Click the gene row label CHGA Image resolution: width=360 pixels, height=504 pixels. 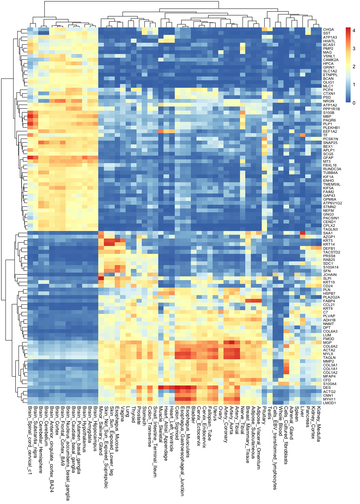(328, 30)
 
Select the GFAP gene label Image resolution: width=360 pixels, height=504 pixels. (328, 158)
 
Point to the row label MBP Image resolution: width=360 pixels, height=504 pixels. (327, 117)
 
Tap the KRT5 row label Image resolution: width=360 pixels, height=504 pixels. (328, 241)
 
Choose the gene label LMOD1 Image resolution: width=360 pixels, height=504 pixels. (329, 403)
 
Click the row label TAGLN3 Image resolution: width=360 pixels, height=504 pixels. (330, 229)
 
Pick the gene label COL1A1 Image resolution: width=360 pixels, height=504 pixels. (330, 369)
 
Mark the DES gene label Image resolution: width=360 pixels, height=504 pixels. (327, 388)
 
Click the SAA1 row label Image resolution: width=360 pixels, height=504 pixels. (328, 233)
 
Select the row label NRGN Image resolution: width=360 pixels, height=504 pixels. (328, 101)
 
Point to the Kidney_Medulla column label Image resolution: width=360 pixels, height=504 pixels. (319, 424)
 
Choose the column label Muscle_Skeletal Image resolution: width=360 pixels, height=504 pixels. (160, 424)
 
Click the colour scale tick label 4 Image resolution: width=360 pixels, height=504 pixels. (354, 31)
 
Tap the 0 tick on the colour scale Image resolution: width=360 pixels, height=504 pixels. (354, 103)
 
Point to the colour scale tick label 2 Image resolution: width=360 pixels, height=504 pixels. (354, 67)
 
